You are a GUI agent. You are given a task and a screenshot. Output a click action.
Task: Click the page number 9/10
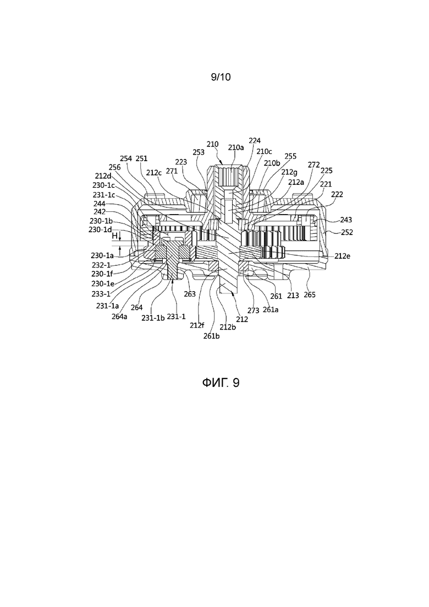point(221,77)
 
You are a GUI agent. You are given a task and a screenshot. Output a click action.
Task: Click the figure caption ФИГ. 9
point(221,383)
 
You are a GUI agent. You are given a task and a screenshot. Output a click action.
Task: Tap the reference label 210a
point(236,147)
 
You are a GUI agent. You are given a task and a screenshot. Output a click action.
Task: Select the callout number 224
point(255,140)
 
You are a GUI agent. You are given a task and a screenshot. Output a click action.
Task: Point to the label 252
point(346,232)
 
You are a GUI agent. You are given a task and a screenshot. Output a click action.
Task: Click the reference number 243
point(346,220)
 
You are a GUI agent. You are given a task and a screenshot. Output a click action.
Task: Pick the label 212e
point(343,256)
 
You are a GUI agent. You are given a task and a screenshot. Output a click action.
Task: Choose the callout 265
point(310,294)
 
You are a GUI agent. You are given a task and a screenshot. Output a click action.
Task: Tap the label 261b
point(212,336)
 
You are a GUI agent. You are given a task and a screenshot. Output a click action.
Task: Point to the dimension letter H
point(114,236)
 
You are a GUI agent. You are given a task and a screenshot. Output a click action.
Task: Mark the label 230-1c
point(103,185)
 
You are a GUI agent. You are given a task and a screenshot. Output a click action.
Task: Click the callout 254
point(126,158)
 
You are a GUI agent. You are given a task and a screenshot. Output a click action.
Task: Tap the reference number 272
point(313,165)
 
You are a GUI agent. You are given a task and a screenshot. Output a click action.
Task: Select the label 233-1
point(101,294)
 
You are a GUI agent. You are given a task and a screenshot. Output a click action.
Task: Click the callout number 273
point(254,311)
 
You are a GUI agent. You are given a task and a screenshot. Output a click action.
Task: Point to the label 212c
point(154,173)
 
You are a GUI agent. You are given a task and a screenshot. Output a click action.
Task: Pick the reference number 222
point(337,194)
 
